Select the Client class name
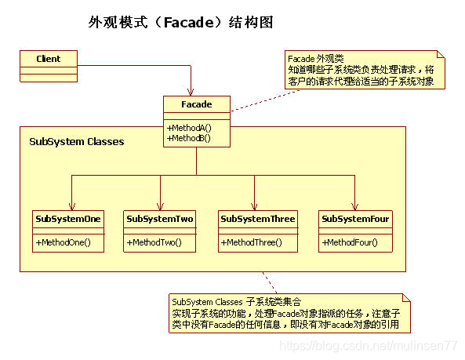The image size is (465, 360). pos(48,59)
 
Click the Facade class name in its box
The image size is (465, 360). pos(197,104)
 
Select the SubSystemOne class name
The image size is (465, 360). pos(67,219)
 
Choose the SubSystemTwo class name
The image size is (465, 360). pos(160,219)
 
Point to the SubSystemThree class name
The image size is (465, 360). pos(258,219)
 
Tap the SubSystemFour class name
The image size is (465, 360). pos(356,219)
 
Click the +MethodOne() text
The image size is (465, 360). pos(64,242)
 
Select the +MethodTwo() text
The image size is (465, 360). pos(154,242)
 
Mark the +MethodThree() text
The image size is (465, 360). pos(252,242)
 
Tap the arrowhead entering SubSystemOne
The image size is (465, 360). pos(71,205)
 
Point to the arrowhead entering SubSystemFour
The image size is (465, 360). pos(355,205)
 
